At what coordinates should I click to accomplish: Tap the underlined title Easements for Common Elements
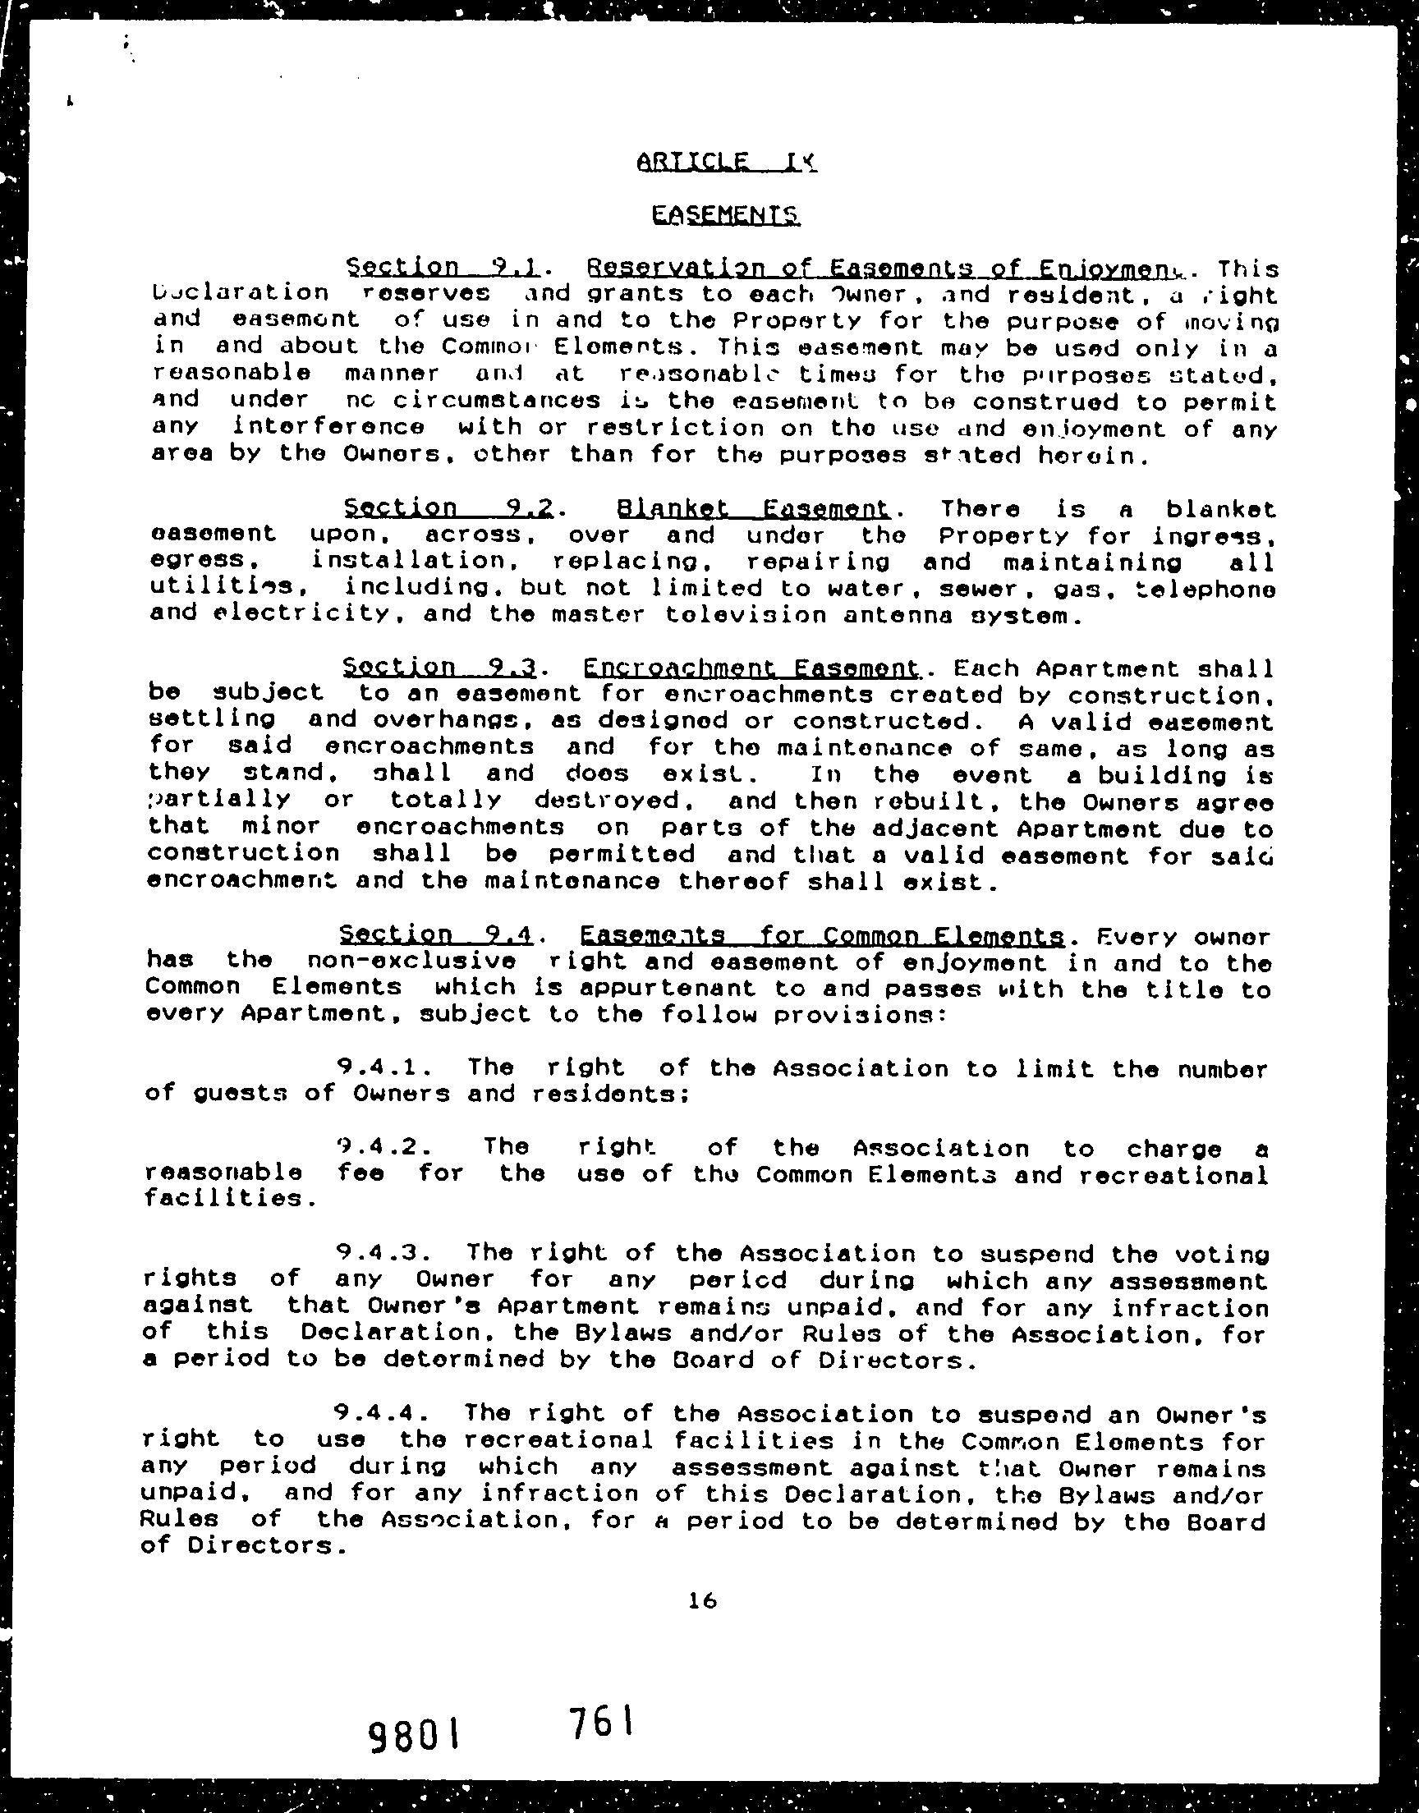point(822,936)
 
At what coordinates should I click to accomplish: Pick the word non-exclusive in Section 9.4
point(411,961)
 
